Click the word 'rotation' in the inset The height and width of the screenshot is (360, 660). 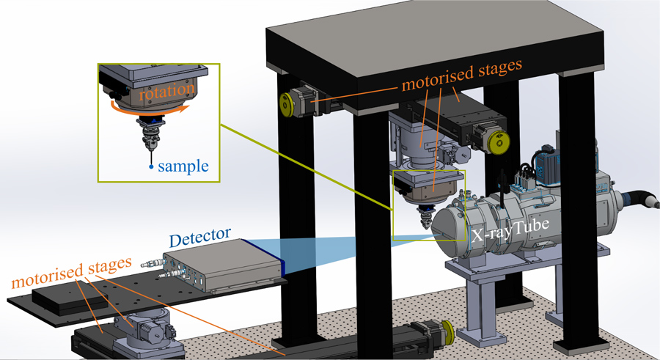pyautogui.click(x=168, y=89)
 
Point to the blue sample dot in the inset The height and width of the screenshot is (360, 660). pyautogui.click(x=150, y=167)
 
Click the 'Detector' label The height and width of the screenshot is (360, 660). pyautogui.click(x=200, y=240)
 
